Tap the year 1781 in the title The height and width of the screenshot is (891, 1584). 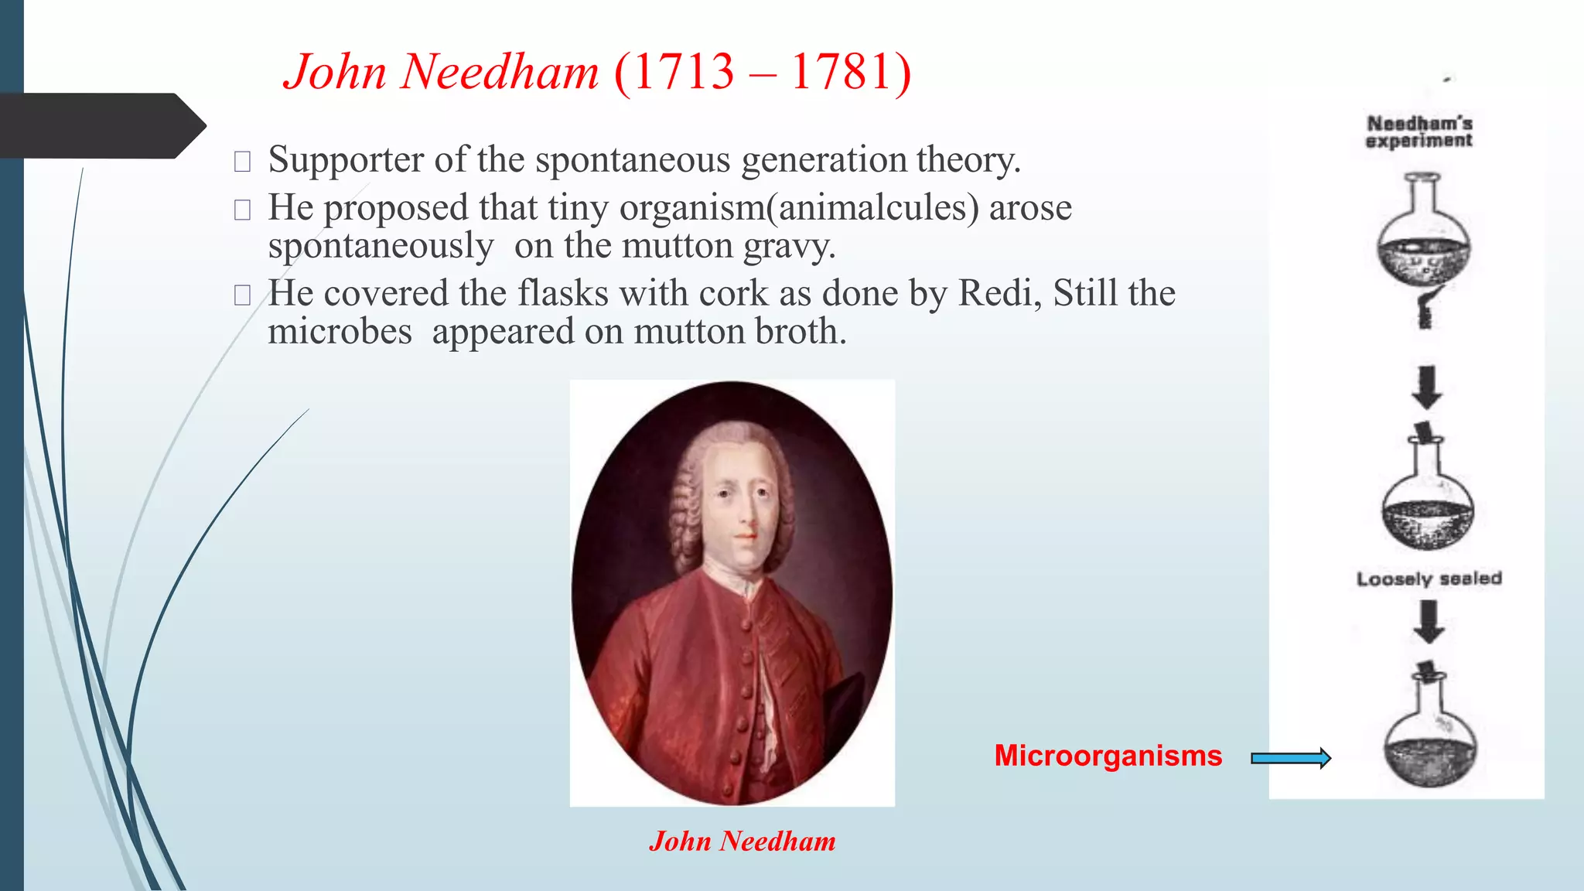click(841, 72)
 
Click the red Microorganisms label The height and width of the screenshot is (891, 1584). click(1108, 756)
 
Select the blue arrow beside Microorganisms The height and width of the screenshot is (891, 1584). click(1291, 758)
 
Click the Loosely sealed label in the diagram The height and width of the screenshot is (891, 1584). click(1429, 579)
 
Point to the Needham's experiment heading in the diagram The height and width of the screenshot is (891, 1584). click(1419, 131)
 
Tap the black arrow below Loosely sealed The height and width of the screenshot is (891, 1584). click(1429, 621)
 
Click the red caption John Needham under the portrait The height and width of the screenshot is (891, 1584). click(742, 841)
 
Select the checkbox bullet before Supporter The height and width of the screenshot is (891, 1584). click(242, 161)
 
